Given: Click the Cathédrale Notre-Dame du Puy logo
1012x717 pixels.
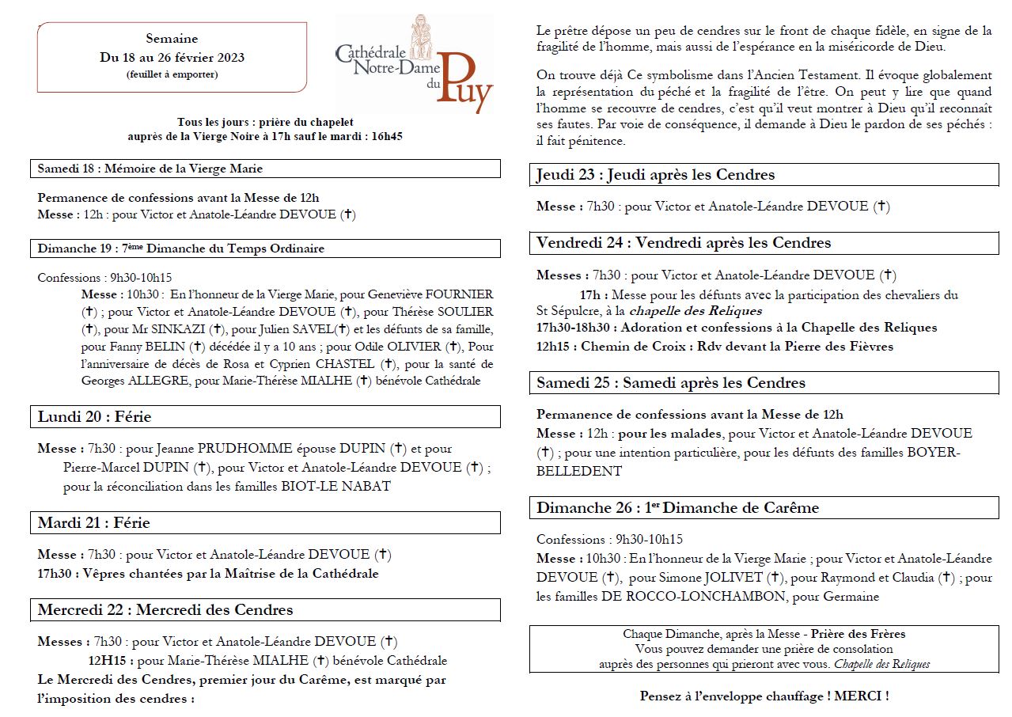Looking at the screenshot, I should tap(413, 66).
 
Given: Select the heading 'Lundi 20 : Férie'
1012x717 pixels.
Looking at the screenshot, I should tap(94, 416).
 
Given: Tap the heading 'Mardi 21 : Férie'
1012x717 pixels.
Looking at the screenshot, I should tap(94, 522).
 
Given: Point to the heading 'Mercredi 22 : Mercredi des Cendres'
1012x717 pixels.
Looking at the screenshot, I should tap(165, 609).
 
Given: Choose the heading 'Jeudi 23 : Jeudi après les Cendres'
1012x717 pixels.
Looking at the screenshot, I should tap(655, 174).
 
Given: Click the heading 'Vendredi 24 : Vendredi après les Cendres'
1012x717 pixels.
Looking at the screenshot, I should tap(684, 242).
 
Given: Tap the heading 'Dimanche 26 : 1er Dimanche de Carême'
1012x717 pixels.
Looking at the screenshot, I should tap(677, 507).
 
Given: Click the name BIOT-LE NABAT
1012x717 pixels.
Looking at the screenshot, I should tap(335, 486).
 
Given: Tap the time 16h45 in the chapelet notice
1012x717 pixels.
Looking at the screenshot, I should tap(386, 136).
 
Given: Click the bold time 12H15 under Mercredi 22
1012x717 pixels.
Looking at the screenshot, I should tap(109, 660).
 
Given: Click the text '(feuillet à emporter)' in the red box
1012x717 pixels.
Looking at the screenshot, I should tap(172, 74).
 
